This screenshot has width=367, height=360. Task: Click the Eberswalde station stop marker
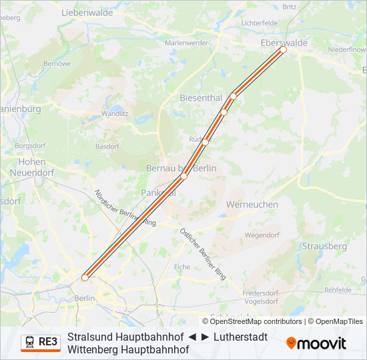click(283, 49)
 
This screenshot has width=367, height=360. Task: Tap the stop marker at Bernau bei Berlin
click(184, 176)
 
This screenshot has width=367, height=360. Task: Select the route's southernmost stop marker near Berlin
click(85, 277)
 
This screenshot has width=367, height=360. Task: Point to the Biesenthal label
click(201, 98)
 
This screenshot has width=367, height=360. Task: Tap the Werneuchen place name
click(252, 204)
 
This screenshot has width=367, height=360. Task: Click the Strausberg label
click(324, 246)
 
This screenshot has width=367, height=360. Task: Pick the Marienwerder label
click(186, 43)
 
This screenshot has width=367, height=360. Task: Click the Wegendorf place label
click(262, 235)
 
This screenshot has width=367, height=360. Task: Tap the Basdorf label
click(107, 146)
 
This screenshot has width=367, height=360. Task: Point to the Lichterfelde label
click(259, 23)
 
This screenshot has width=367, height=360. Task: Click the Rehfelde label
click(338, 290)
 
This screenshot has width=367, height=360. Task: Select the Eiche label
click(181, 267)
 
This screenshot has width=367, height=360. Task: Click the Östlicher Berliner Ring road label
click(203, 253)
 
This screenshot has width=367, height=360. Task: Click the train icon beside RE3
click(30, 342)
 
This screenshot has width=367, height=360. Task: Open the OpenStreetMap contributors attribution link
click(256, 321)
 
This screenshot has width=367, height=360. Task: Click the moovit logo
click(316, 343)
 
